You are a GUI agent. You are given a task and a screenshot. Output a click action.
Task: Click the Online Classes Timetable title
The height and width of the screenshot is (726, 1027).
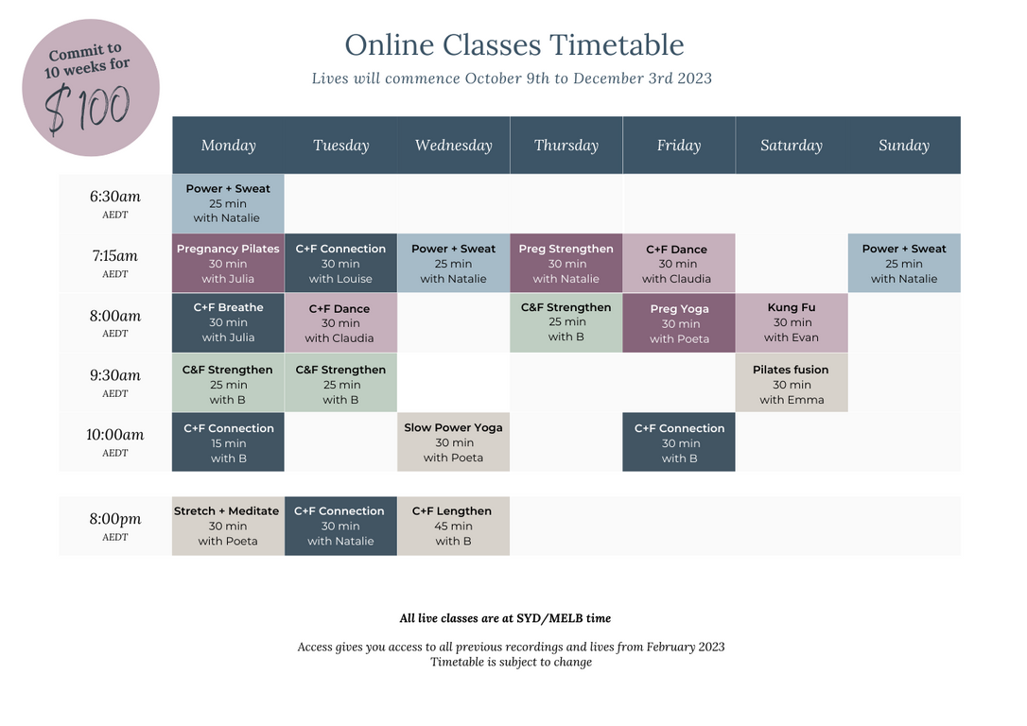(x=514, y=45)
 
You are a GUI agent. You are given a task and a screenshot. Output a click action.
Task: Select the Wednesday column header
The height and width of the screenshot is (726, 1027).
(x=453, y=146)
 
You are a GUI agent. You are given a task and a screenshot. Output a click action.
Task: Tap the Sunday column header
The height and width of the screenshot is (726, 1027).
(x=904, y=146)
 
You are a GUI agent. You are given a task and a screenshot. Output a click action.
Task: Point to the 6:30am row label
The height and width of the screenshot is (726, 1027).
(x=115, y=203)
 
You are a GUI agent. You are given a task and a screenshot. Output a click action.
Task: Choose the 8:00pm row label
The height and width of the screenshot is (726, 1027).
(x=115, y=526)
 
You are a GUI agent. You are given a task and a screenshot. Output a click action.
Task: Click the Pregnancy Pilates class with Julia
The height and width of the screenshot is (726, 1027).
(x=228, y=263)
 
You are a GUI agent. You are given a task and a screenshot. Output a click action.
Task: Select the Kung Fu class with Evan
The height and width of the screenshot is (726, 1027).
(x=792, y=322)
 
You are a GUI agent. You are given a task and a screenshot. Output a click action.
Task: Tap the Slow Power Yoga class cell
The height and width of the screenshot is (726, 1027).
(x=453, y=441)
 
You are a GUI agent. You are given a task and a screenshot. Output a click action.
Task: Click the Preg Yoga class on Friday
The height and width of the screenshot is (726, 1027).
(x=679, y=322)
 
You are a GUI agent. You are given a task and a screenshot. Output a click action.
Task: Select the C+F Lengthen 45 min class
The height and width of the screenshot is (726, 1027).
(x=453, y=526)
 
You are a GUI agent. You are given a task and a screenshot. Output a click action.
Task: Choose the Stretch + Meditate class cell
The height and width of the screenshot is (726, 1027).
(x=228, y=526)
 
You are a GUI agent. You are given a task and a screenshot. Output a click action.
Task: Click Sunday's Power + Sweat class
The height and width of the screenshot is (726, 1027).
(x=904, y=263)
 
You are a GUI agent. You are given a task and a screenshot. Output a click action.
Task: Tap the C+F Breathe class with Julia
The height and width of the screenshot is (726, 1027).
(x=228, y=322)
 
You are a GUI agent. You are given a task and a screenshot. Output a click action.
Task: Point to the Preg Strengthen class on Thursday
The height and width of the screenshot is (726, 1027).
(x=566, y=263)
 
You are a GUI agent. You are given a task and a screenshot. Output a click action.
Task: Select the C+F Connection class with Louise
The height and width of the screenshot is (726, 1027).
(x=340, y=263)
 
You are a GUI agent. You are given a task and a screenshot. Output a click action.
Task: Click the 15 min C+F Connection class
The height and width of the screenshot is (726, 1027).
(x=228, y=441)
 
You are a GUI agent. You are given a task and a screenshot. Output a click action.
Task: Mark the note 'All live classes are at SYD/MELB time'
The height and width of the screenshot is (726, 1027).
(x=505, y=618)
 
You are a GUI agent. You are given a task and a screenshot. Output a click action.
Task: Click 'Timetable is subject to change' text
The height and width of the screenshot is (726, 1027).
(x=511, y=662)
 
